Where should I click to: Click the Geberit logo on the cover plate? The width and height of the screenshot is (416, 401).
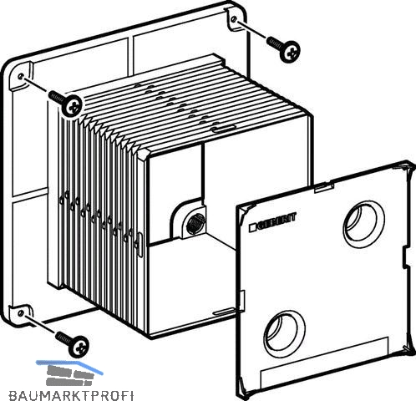pyautogui.click(x=272, y=222)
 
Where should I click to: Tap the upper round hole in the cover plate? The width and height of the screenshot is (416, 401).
pyautogui.click(x=364, y=224)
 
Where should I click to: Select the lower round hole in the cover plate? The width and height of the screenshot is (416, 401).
pyautogui.click(x=284, y=332)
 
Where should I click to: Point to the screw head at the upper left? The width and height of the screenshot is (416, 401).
pyautogui.click(x=72, y=106)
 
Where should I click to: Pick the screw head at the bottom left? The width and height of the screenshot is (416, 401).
pyautogui.click(x=79, y=347)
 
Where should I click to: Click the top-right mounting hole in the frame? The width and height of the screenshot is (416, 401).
pyautogui.click(x=234, y=19)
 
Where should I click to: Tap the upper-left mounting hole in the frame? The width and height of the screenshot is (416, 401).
pyautogui.click(x=20, y=76)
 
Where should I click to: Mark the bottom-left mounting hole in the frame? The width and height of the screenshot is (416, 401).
pyautogui.click(x=20, y=313)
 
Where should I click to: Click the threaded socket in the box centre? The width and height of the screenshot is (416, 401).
pyautogui.click(x=195, y=223)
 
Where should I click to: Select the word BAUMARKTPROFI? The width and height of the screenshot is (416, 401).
pyautogui.click(x=71, y=395)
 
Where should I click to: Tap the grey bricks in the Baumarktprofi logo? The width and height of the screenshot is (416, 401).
pyautogui.click(x=69, y=375)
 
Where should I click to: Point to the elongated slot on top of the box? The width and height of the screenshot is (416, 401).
pyautogui.click(x=223, y=129)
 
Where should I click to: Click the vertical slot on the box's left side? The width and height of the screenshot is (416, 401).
pyautogui.click(x=140, y=245)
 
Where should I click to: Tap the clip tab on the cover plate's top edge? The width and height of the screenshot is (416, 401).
pyautogui.click(x=324, y=187)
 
